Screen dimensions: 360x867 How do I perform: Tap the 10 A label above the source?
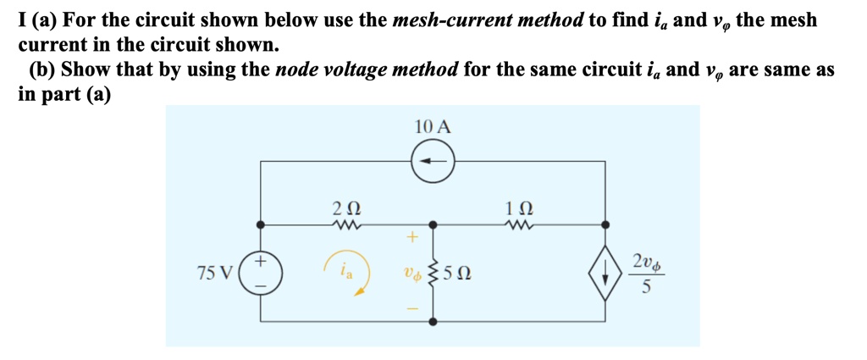coord(433,127)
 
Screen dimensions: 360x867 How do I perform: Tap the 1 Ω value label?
coord(518,206)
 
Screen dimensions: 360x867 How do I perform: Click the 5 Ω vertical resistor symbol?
coord(433,274)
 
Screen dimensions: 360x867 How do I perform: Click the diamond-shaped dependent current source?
coord(605,273)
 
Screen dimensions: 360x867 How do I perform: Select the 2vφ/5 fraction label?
coord(649,273)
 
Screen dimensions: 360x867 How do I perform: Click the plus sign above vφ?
coord(414,238)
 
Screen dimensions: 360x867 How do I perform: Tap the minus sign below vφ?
coord(414,307)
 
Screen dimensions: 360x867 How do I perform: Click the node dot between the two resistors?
coord(433,225)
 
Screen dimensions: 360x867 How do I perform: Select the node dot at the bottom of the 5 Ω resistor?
coord(433,322)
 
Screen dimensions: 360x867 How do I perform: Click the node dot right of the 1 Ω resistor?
coord(605,225)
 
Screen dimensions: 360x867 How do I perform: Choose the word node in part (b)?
coord(299,69)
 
